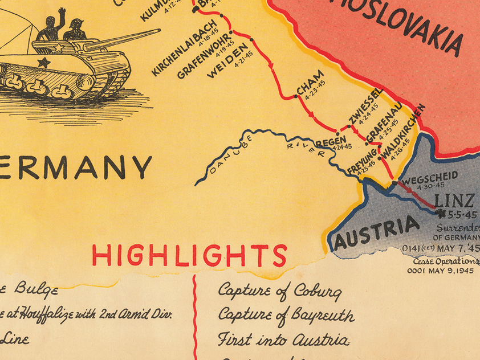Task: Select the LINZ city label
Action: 454,201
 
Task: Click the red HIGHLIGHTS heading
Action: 190,256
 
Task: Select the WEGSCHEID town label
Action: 429,177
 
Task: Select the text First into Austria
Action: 283,340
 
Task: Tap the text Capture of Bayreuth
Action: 286,315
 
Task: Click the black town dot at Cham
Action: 296,97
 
